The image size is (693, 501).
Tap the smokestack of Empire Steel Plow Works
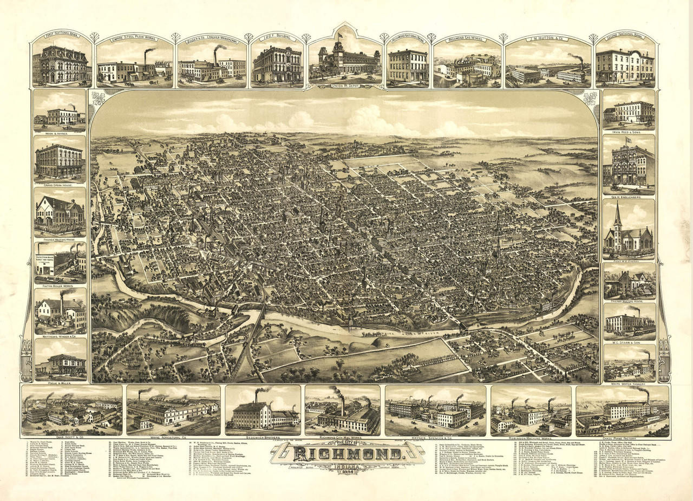(146, 55)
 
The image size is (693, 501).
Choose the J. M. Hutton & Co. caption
(547, 38)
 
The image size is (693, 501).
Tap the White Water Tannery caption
(629, 383)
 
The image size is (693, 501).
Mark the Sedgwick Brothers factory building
(252, 415)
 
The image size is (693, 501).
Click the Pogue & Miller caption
(60, 383)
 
